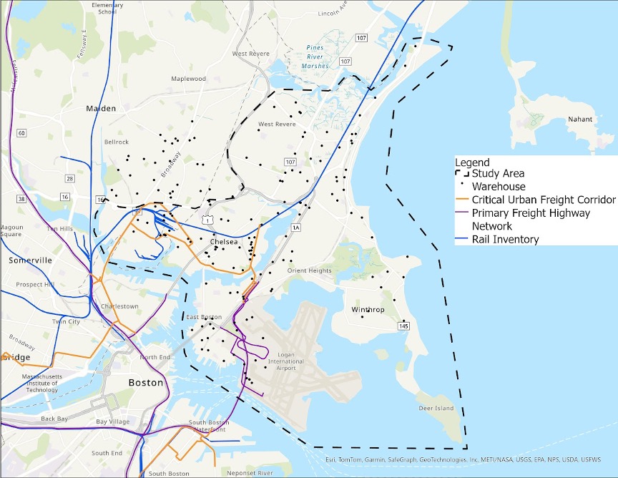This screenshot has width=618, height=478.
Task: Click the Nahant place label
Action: (579, 119)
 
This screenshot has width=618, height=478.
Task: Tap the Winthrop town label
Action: (368, 310)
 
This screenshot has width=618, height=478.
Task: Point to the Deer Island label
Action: (436, 409)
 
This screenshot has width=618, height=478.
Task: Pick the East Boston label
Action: (203, 317)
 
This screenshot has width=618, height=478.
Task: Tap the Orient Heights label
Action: (309, 270)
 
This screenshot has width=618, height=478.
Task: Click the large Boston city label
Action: (145, 383)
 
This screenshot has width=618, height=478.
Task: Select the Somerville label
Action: (31, 260)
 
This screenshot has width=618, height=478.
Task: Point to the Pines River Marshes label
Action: (315, 57)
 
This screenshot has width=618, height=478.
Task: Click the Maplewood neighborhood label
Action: (188, 79)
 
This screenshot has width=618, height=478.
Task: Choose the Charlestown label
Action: (120, 306)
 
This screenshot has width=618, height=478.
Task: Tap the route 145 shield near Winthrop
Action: (404, 326)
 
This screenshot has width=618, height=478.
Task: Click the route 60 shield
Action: (21, 133)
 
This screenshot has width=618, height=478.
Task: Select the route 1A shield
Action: (296, 228)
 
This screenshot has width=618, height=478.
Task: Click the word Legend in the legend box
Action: (472, 162)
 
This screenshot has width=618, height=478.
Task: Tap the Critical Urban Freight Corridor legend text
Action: (544, 200)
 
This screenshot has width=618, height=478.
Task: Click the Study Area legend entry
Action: (497, 174)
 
